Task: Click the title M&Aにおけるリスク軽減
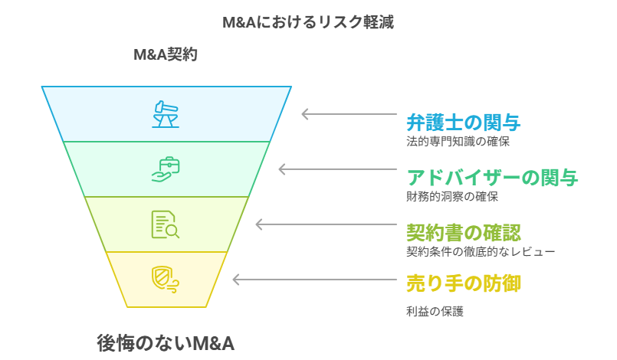pyautogui.click(x=308, y=22)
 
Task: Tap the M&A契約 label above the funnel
pyautogui.click(x=166, y=54)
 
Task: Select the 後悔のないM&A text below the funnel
pyautogui.click(x=166, y=343)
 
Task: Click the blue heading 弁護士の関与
pyautogui.click(x=463, y=123)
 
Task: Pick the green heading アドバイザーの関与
pyautogui.click(x=491, y=178)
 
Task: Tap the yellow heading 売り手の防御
pyautogui.click(x=463, y=284)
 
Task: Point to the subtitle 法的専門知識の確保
pyautogui.click(x=457, y=141)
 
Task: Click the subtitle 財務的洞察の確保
pyautogui.click(x=451, y=196)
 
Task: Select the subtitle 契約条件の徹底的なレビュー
pyautogui.click(x=480, y=250)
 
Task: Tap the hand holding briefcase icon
pyautogui.click(x=166, y=169)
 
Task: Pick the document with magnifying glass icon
pyautogui.click(x=165, y=224)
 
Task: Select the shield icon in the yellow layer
pyautogui.click(x=165, y=280)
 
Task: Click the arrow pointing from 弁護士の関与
pyautogui.click(x=349, y=114)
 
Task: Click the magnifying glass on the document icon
pyautogui.click(x=172, y=231)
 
